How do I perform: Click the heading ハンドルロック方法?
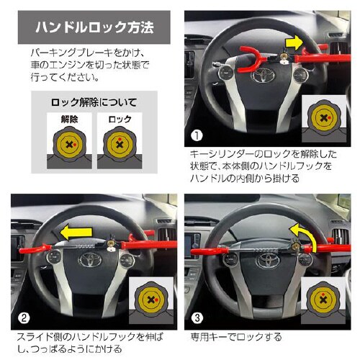pos(94,27)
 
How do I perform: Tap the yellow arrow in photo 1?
pos(294,43)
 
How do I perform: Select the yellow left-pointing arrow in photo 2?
pos(76,232)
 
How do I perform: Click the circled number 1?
pos(197,135)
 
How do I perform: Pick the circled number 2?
pos(24,318)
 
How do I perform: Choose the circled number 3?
pos(197,318)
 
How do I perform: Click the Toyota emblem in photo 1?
pos(263,76)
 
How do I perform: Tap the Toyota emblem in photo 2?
pos(91,260)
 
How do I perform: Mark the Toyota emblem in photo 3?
pos(268,261)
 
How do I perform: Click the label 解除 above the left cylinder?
pos(70,119)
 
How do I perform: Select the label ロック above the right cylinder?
pos(120,119)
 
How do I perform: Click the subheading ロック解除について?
pos(94,102)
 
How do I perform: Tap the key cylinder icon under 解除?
pos(69,145)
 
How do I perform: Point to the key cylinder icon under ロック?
pos(120,145)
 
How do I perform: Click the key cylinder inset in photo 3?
pos(323,300)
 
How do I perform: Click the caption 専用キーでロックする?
pos(236,337)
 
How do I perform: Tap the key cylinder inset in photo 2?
pos(151,300)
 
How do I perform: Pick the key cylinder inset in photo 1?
pos(324,118)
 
